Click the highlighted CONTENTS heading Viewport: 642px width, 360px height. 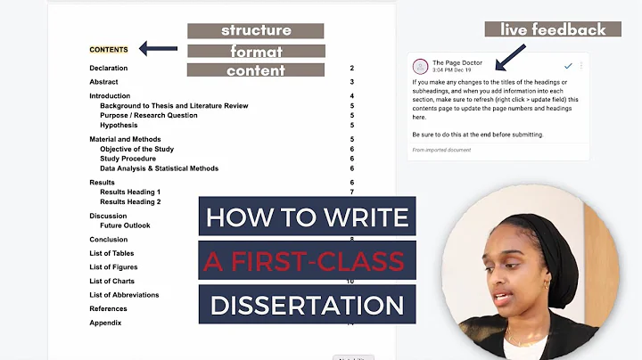[109, 50]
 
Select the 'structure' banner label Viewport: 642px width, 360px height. [255, 30]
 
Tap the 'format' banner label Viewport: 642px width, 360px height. [256, 51]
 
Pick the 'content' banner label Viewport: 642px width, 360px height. [255, 70]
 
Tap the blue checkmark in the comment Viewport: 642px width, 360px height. [568, 66]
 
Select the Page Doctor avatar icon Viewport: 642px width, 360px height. [420, 67]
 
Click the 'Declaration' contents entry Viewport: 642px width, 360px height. [108, 69]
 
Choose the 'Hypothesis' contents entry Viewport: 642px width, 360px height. [119, 126]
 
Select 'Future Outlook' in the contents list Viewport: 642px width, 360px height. [125, 225]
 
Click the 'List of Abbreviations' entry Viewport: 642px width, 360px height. [124, 295]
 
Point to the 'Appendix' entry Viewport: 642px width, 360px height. [105, 323]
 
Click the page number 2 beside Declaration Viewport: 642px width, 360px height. [351, 69]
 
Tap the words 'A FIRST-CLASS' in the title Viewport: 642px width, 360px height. [307, 262]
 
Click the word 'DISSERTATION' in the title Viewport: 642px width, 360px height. [307, 306]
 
